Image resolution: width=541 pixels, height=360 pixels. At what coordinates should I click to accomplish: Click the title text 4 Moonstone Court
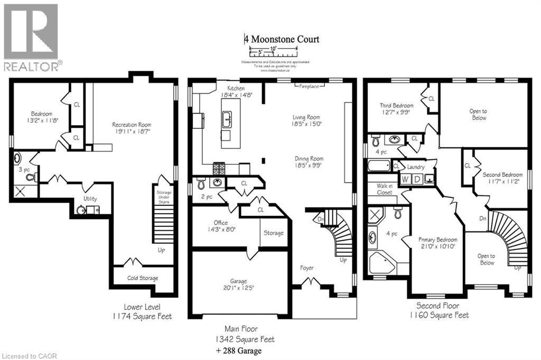[x=282, y=39]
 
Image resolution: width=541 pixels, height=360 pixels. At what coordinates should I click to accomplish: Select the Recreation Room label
[x=132, y=125]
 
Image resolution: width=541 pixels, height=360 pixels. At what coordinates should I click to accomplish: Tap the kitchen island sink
[x=227, y=119]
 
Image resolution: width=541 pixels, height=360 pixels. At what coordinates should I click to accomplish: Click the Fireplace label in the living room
[x=309, y=86]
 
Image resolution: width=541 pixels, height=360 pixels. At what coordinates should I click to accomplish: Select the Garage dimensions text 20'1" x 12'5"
[x=238, y=288]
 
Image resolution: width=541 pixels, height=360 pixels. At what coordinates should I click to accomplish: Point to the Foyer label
[x=307, y=268]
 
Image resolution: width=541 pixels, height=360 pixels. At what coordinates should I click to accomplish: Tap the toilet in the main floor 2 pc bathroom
[x=201, y=184]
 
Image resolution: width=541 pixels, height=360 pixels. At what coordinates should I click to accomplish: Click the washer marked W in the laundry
[x=405, y=179]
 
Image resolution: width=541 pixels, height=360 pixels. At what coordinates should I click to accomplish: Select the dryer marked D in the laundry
[x=417, y=179]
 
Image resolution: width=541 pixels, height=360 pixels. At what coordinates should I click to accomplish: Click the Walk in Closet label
[x=384, y=189]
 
